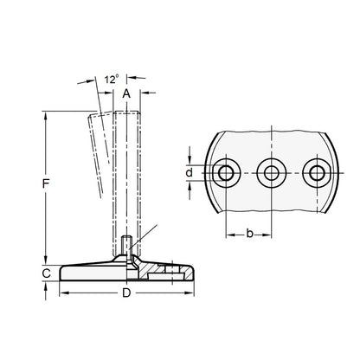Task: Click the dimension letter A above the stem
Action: [126, 93]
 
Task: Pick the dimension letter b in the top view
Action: [249, 233]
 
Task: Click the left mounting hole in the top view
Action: [227, 173]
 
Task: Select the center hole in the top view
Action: [273, 173]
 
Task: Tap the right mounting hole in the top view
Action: [318, 173]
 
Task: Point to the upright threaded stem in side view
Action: [126, 173]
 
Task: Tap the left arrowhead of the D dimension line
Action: [62, 293]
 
